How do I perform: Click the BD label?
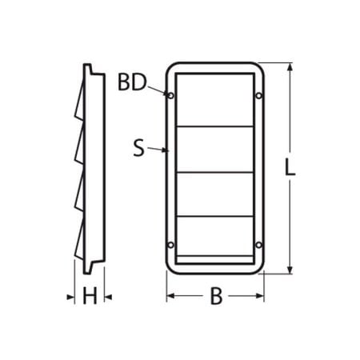click(x=132, y=82)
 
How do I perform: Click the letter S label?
click(x=138, y=148)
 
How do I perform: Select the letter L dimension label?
click(x=290, y=167)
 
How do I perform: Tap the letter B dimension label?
click(x=216, y=296)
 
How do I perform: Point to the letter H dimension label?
click(x=90, y=296)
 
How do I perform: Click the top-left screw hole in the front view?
click(x=170, y=95)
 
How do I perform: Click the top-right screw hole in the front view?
click(x=258, y=95)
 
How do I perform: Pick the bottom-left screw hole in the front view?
click(x=170, y=245)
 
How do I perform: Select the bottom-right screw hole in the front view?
click(x=258, y=245)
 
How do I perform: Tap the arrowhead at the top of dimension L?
click(x=290, y=67)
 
